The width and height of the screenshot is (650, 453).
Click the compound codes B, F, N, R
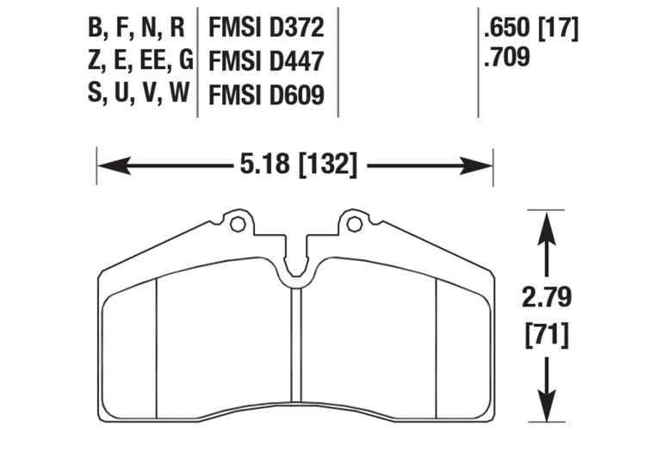(136, 28)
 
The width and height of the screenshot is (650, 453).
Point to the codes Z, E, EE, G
(139, 61)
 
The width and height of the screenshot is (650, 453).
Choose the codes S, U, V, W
(138, 94)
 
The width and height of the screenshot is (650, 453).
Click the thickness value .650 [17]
(531, 28)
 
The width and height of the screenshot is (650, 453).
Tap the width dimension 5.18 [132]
(294, 163)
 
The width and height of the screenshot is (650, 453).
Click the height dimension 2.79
(546, 299)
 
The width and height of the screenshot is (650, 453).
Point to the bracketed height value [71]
(546, 332)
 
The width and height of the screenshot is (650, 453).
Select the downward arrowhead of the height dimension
(544, 405)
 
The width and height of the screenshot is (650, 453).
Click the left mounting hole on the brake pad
(238, 225)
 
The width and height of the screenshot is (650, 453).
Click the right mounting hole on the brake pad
(352, 225)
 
